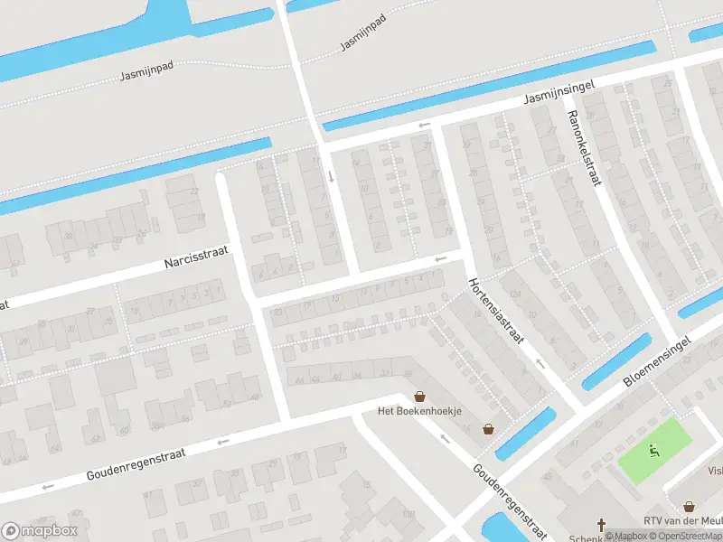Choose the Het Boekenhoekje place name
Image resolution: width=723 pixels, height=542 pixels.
point(419,411)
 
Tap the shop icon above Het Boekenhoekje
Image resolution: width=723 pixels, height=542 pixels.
point(419,396)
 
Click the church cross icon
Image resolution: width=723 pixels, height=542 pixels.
point(602,525)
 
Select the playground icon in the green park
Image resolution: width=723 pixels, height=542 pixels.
point(654,450)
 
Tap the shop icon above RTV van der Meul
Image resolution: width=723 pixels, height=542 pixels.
point(690,507)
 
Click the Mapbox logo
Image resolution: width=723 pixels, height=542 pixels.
point(40,530)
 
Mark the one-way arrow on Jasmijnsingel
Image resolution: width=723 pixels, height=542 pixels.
point(424,126)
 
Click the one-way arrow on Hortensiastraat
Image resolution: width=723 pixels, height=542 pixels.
point(540,363)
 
